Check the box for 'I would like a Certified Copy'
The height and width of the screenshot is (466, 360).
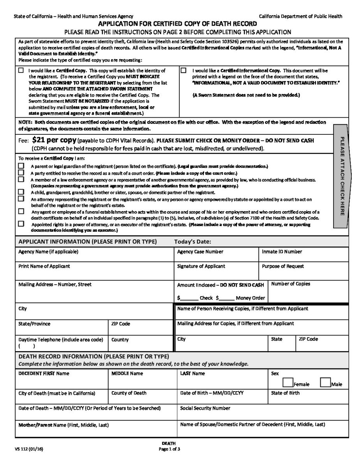pyautogui.click(x=21, y=71)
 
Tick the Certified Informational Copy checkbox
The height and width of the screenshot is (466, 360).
pyautogui.click(x=184, y=71)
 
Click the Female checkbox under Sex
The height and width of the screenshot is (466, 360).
pyautogui.click(x=288, y=383)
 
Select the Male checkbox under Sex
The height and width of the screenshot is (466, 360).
pyautogui.click(x=325, y=383)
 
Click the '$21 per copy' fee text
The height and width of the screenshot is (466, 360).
pyautogui.click(x=55, y=140)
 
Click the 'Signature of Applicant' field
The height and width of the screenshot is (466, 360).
pyautogui.click(x=216, y=271)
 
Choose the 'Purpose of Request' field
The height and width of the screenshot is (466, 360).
pyautogui.click(x=304, y=271)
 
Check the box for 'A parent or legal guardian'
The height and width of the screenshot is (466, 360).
pyautogui.click(x=21, y=166)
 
